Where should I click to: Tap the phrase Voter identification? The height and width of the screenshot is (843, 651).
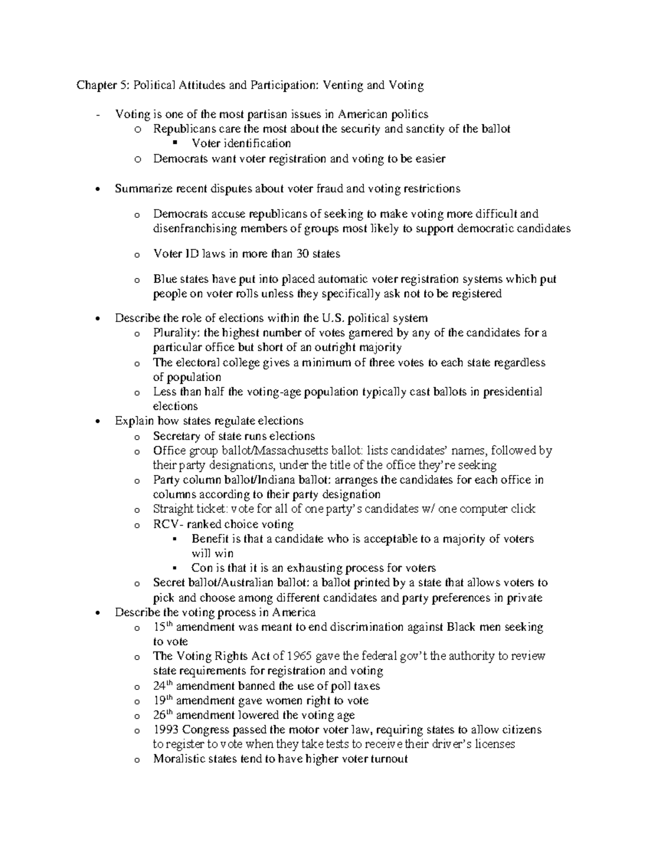point(241,143)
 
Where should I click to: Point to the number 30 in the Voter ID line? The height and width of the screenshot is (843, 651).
point(297,253)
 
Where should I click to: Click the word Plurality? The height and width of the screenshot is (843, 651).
point(176,333)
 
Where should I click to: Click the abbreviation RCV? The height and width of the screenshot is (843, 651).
point(165,524)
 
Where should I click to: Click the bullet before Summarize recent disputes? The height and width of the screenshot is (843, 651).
point(98,189)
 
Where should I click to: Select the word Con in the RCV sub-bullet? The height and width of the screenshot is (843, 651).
point(201,568)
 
